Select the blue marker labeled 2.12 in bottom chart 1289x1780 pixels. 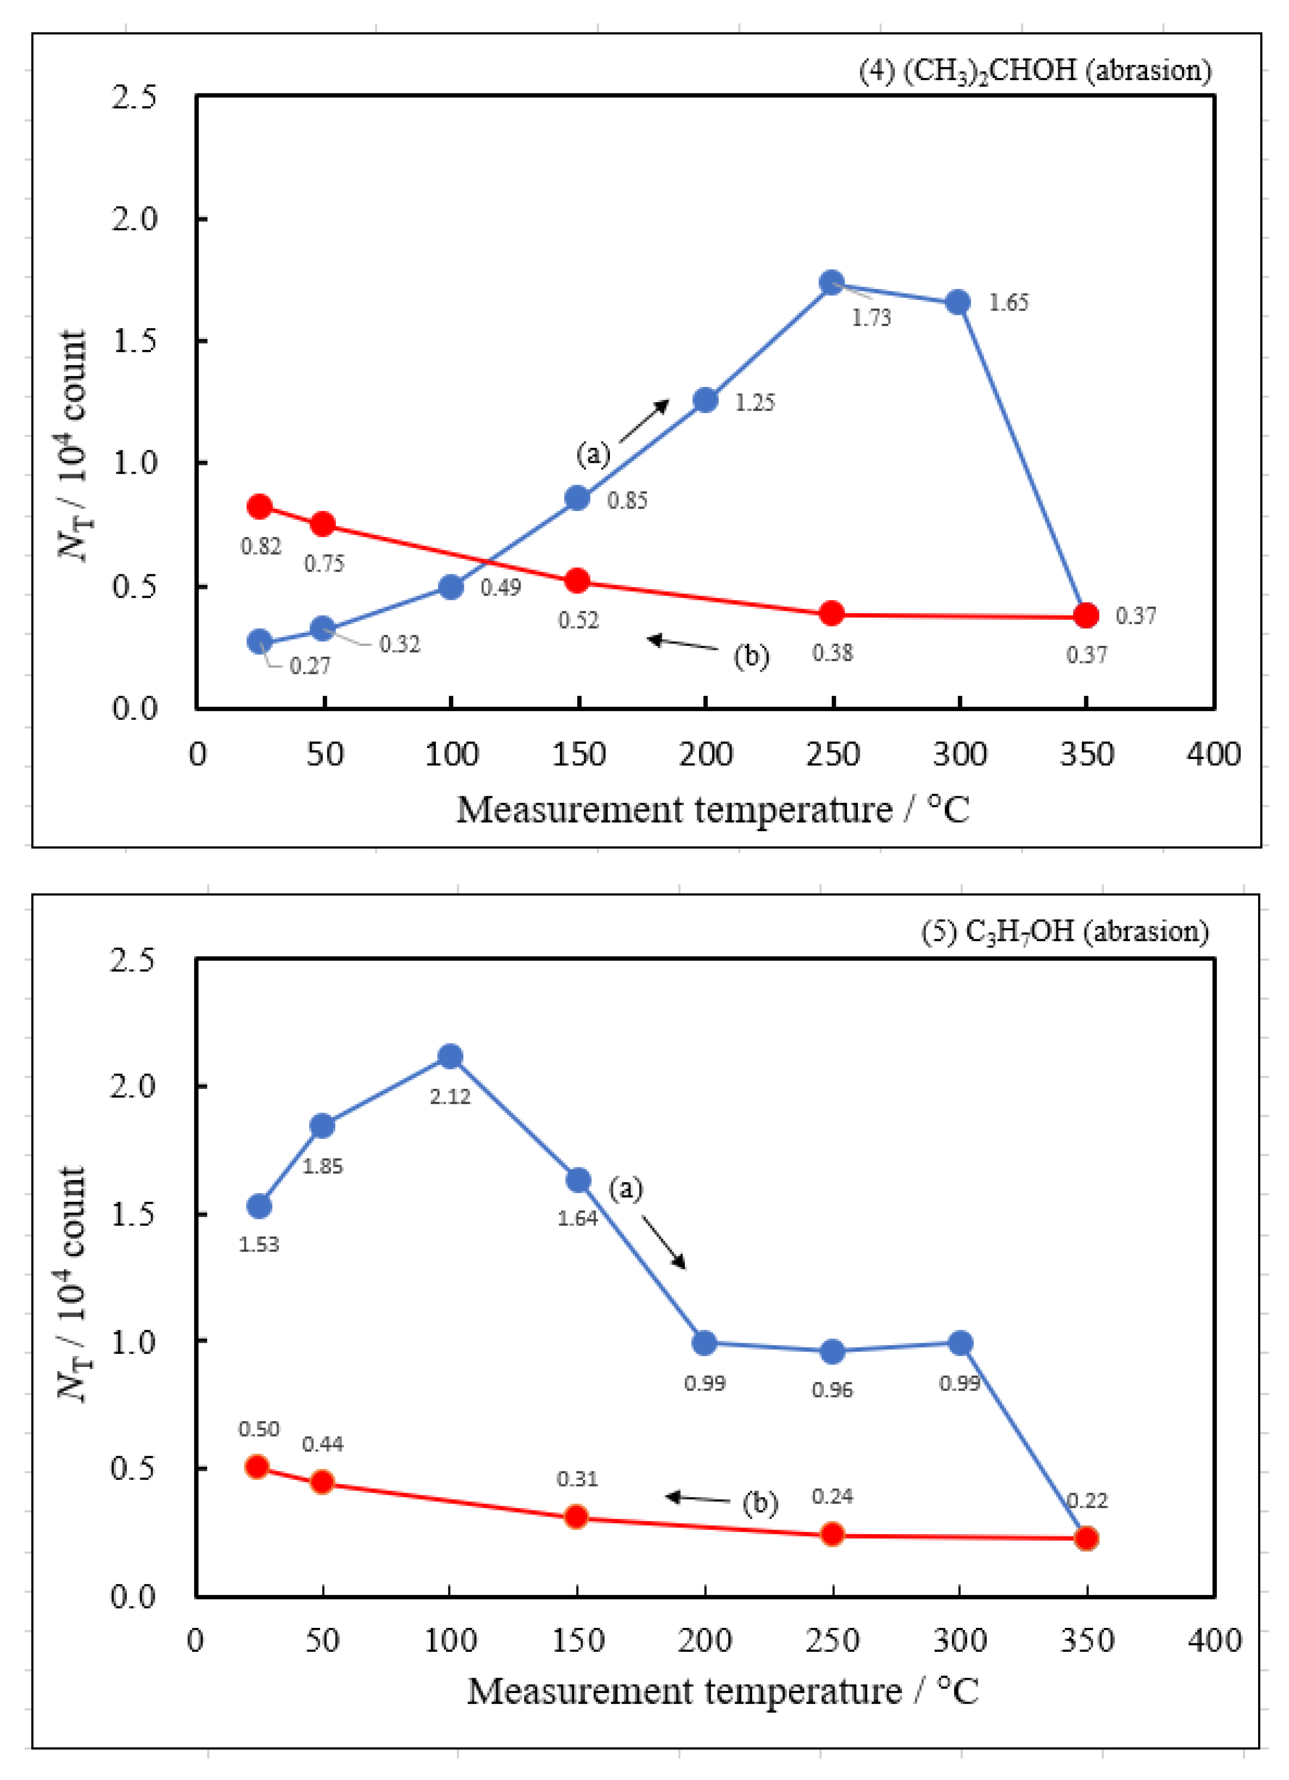pos(449,1056)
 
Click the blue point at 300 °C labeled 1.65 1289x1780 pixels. pos(958,302)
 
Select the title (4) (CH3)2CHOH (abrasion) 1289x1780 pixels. pos(1035,71)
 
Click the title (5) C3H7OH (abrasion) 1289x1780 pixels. pos(1065,931)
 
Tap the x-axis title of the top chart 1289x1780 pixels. pos(712,809)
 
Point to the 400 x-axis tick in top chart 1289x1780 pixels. pos(1213,754)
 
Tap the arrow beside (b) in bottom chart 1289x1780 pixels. pos(697,1498)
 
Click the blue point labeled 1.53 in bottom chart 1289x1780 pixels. pos(259,1206)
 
